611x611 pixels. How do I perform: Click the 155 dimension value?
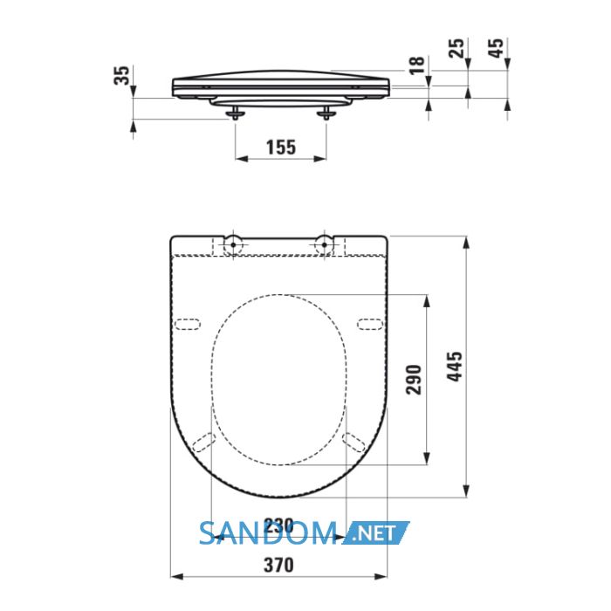point(281,148)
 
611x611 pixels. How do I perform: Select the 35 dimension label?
point(121,76)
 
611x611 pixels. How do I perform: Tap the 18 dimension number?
point(417,65)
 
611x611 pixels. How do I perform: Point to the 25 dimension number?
point(457,48)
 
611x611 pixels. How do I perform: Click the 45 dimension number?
point(496,48)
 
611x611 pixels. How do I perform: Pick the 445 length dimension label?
point(455,367)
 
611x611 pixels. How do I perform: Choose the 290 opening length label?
point(414,380)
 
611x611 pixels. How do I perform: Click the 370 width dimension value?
point(278,565)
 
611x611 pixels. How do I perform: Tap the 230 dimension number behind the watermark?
point(278,526)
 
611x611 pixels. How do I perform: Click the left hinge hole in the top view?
point(233,244)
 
